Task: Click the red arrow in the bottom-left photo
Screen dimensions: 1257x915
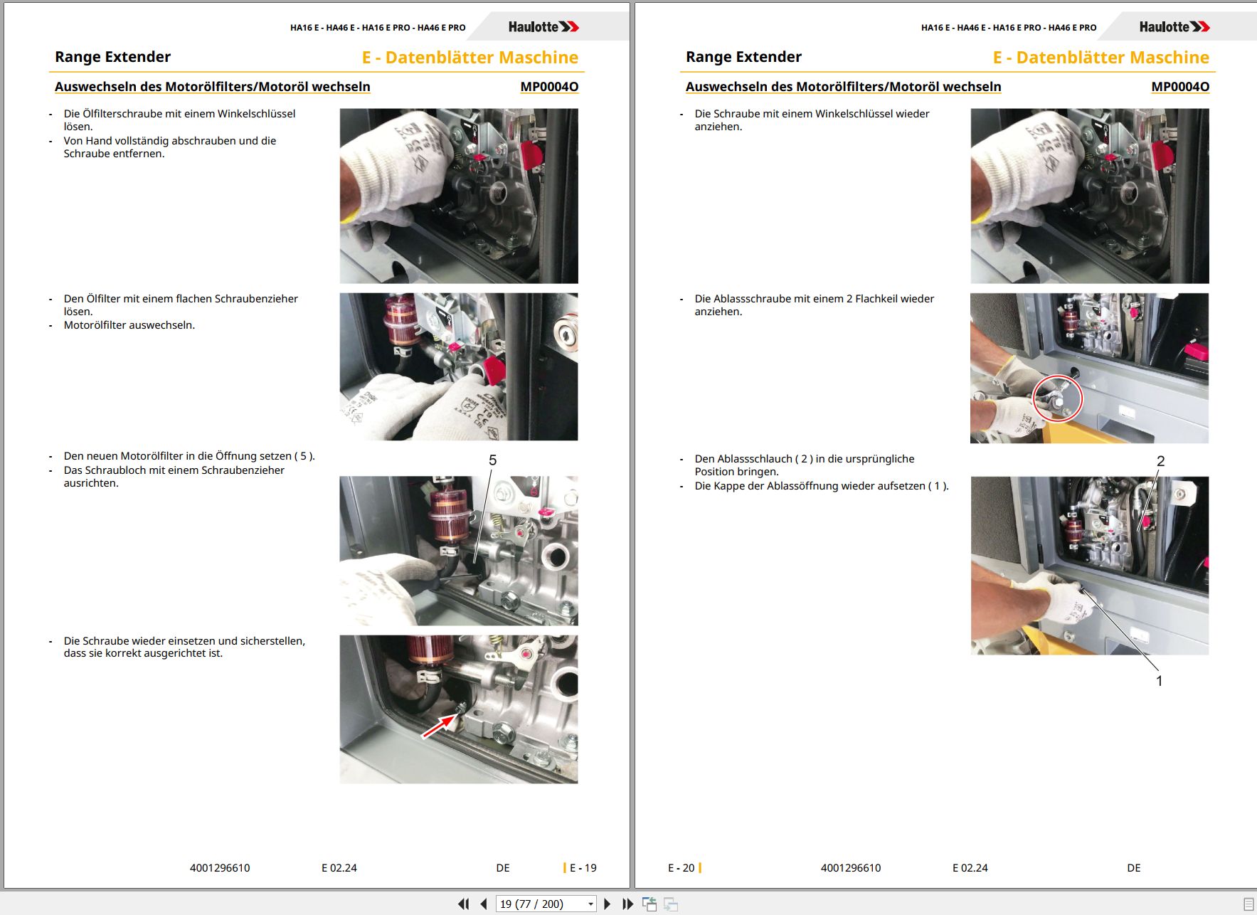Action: point(438,726)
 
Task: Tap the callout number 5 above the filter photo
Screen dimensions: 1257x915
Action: point(492,460)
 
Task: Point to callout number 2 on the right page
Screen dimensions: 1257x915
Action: point(1160,461)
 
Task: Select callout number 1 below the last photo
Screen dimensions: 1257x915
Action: point(1159,681)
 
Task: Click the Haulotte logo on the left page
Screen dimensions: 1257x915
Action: point(543,27)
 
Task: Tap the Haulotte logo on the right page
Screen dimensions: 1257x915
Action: point(1174,27)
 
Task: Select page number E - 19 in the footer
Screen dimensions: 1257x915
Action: point(583,868)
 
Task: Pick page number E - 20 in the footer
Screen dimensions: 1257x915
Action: point(681,868)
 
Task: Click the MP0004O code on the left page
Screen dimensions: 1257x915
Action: point(549,87)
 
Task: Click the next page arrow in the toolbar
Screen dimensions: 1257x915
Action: point(607,904)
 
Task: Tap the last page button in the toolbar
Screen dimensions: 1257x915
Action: point(627,904)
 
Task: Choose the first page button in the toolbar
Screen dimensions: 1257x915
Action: point(464,904)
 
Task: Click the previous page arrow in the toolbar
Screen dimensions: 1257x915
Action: point(484,904)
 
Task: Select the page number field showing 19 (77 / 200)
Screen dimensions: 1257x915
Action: point(546,904)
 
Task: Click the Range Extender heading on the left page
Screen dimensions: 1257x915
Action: point(112,57)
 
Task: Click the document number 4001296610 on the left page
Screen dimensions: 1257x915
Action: point(220,868)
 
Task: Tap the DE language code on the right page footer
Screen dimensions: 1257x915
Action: point(1134,868)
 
